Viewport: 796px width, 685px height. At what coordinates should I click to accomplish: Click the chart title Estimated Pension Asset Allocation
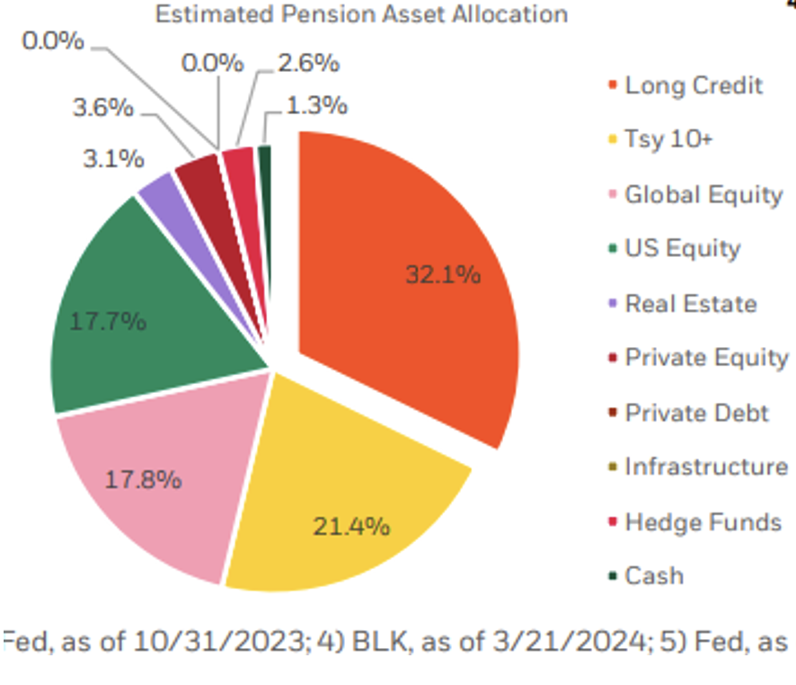361,14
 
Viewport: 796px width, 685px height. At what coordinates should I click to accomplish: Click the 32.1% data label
443,275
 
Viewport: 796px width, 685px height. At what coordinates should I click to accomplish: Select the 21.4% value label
351,525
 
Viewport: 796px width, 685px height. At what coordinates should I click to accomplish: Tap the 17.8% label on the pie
144,479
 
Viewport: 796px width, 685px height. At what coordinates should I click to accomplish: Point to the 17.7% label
108,321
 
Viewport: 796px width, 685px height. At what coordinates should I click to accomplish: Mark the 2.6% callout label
308,64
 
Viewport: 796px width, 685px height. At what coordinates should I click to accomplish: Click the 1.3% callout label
317,105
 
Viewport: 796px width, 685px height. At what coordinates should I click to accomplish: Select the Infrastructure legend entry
706,467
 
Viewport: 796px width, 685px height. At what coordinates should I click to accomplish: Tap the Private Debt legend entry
696,413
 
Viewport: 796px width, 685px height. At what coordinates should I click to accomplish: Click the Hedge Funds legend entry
703,522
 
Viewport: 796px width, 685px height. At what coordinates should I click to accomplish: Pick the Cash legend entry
654,576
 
